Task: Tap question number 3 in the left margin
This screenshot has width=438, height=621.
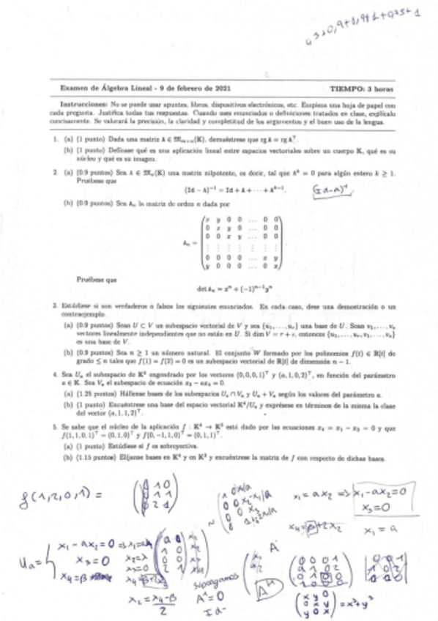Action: point(55,304)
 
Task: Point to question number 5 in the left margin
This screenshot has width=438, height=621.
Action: point(55,424)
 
